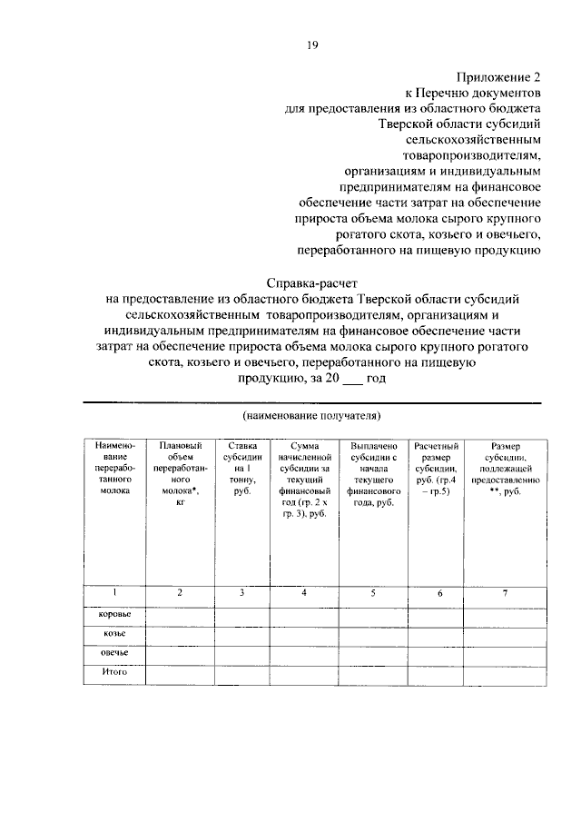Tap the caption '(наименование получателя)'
pyautogui.click(x=310, y=415)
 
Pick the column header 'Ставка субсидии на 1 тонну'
pyautogui.click(x=241, y=468)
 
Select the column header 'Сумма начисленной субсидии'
pyautogui.click(x=304, y=480)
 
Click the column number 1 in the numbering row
pyautogui.click(x=114, y=592)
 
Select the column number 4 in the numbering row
pyautogui.click(x=304, y=593)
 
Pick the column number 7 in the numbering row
pyautogui.click(x=506, y=593)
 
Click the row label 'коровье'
pyautogui.click(x=114, y=615)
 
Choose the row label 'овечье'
pyautogui.click(x=114, y=653)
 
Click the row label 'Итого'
pyautogui.click(x=114, y=672)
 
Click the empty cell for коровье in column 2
pyautogui.click(x=180, y=616)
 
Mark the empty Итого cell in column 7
pyautogui.click(x=506, y=673)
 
